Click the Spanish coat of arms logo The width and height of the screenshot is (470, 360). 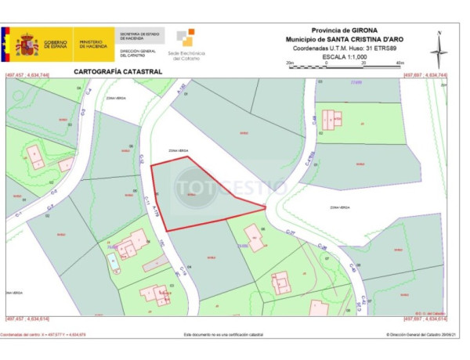pyautogui.click(x=27, y=45)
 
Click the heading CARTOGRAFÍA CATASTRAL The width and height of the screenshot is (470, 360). pyautogui.click(x=117, y=71)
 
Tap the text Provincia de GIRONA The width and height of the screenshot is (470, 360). pyautogui.click(x=344, y=31)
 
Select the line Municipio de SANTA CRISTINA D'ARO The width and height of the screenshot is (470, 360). pyautogui.click(x=344, y=39)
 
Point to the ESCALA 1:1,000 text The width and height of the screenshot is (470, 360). pyautogui.click(x=344, y=56)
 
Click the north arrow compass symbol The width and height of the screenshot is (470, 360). pyautogui.click(x=439, y=49)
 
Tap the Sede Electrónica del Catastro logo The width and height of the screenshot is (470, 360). pyautogui.click(x=185, y=45)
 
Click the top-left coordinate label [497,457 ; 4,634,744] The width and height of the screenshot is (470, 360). pyautogui.click(x=28, y=76)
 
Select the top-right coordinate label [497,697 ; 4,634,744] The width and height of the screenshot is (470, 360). pyautogui.click(x=425, y=76)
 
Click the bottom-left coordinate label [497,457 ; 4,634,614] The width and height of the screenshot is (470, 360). pyautogui.click(x=28, y=319)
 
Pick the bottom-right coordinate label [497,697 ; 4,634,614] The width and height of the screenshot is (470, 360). pyautogui.click(x=425, y=319)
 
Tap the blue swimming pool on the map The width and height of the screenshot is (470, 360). pyautogui.click(x=115, y=259)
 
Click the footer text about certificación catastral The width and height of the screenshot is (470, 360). pyautogui.click(x=223, y=334)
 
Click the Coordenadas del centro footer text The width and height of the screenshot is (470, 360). pyautogui.click(x=43, y=334)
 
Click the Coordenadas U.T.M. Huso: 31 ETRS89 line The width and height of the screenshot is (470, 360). pyautogui.click(x=344, y=48)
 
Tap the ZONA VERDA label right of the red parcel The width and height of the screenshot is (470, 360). pyautogui.click(x=339, y=207)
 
